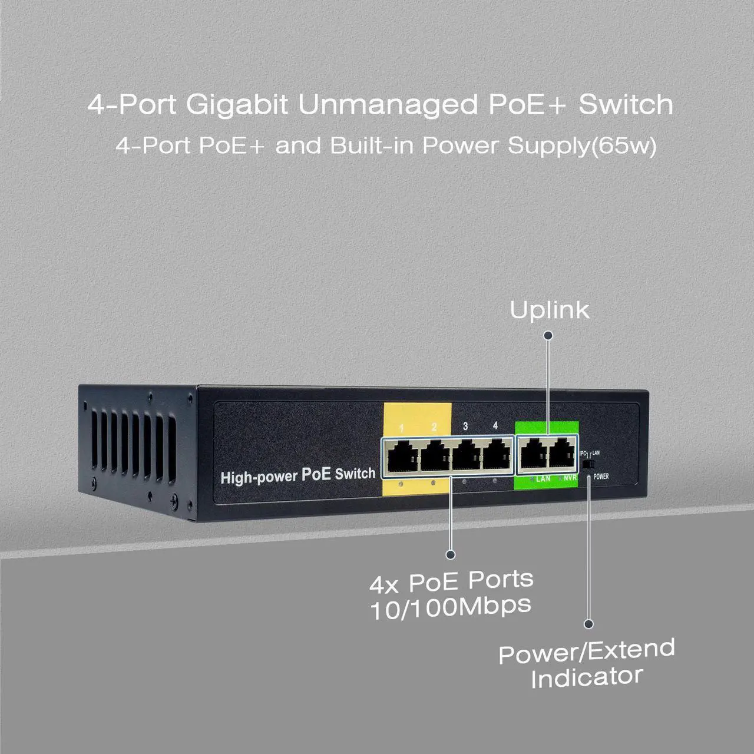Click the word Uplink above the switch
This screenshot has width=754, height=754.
coord(549,310)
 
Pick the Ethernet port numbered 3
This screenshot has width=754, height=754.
coord(466,456)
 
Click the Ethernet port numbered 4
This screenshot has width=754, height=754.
coord(497,455)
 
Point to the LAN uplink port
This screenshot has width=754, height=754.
coord(532,455)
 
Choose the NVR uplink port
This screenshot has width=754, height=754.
coord(563,455)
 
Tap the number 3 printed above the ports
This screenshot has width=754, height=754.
coord(465,426)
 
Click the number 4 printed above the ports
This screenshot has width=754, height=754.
coord(495,425)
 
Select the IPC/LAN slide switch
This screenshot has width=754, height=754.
coord(587,465)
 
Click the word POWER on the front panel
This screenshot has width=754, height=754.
coord(601,477)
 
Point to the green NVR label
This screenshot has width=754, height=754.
coord(570,478)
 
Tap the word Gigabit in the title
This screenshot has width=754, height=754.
coord(237,105)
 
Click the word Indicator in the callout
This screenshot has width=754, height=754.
coord(586,677)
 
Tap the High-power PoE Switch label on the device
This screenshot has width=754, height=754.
coord(297,475)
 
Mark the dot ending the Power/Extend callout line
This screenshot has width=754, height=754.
coord(588,624)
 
